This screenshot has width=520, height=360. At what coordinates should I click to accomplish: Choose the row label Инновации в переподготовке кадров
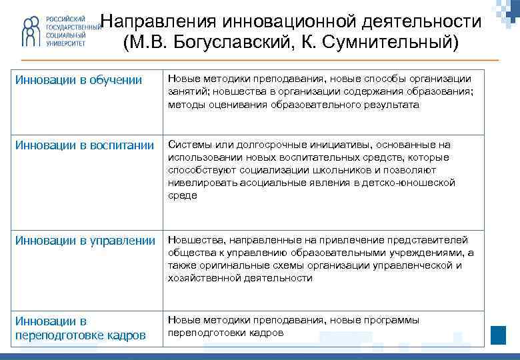[80, 328]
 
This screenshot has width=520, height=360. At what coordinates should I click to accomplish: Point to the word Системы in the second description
[190, 145]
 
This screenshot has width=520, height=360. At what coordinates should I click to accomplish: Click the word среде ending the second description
[182, 195]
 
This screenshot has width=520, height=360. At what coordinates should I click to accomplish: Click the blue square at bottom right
[498, 333]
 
